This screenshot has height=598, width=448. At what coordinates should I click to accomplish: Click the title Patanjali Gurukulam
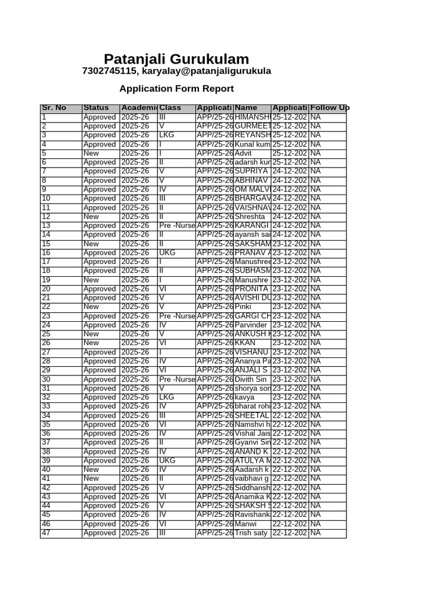point(176,59)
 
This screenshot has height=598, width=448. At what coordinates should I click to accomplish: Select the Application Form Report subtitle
point(176,89)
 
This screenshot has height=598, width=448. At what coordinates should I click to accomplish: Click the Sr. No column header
point(54,108)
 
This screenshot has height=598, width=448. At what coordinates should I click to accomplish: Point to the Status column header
point(96,108)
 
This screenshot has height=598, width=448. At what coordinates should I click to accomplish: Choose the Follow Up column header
point(330,108)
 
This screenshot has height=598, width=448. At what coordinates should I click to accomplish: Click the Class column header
point(170,108)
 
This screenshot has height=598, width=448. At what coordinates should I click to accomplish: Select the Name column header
point(246,108)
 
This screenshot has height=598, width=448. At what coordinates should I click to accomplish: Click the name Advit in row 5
point(243,154)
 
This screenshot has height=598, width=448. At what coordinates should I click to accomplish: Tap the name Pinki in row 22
point(243,307)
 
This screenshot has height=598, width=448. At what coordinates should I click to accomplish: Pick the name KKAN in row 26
point(244,343)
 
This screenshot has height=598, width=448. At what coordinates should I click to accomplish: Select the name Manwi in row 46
point(246,524)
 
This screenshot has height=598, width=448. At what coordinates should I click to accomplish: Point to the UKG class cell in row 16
point(167,253)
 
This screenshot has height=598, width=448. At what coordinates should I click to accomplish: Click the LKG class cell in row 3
point(167,135)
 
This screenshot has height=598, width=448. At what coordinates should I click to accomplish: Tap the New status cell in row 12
point(91,217)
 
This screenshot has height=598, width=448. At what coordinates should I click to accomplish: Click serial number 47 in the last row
point(46,533)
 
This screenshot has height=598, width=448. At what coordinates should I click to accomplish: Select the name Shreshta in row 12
point(250,217)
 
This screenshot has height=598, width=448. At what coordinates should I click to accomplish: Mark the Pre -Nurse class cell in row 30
point(177,380)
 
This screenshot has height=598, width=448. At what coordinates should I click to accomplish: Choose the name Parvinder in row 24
point(251,325)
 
